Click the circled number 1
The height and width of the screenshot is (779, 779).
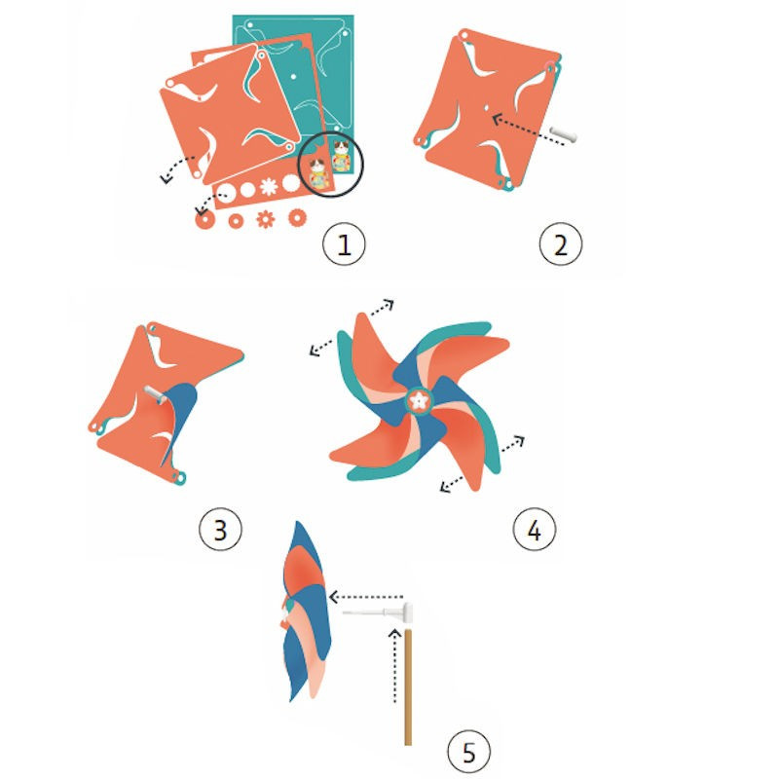344,244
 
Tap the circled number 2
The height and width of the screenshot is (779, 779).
561,244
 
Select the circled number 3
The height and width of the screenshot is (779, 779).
221,529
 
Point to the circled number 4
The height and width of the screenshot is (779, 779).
534,529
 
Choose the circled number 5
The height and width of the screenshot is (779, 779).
469,751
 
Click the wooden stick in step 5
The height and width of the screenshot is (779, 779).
408,687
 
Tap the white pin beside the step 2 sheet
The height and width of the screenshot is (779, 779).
563,134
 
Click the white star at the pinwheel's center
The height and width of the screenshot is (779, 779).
420,400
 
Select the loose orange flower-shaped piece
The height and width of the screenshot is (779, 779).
265,219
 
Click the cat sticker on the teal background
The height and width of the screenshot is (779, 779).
342,156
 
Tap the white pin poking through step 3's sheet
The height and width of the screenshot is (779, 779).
156,394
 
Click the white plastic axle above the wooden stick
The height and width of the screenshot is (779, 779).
378,612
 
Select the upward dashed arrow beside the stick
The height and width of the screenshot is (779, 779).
395,666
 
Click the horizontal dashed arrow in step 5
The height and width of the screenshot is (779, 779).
366,597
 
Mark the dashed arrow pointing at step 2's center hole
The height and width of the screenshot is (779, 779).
528,130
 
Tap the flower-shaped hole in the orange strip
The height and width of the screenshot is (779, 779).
269,187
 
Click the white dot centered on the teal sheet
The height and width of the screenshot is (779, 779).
293,77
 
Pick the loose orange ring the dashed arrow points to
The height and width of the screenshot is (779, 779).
204,219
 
